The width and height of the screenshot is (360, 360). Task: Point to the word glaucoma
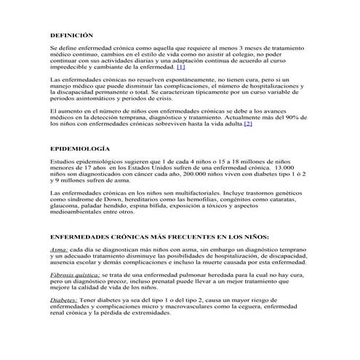(65, 205)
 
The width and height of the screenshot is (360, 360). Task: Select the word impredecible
(71, 66)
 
